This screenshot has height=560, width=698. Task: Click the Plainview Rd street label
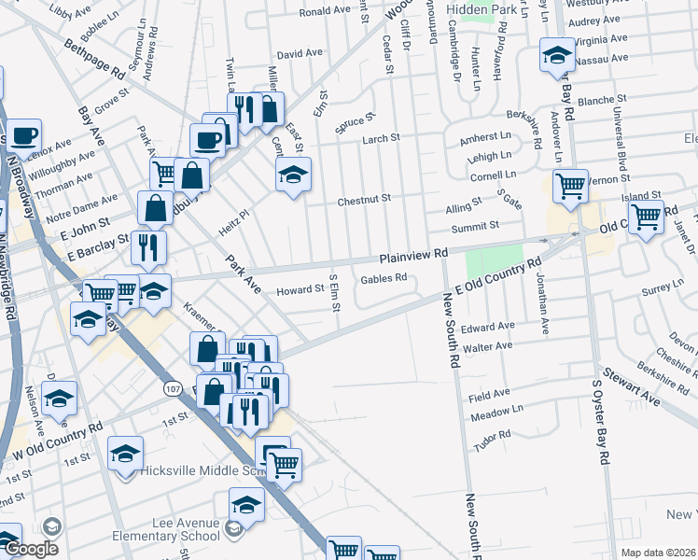(414, 255)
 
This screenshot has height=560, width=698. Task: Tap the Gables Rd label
(384, 278)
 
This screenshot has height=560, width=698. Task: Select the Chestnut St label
(363, 199)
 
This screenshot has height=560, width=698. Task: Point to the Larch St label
(380, 138)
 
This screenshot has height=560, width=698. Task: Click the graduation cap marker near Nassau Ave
(556, 56)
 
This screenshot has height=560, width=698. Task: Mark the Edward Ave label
(494, 327)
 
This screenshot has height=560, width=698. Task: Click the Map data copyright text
(658, 553)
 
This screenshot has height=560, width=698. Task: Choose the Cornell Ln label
(493, 175)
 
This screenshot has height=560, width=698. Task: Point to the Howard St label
(299, 290)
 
